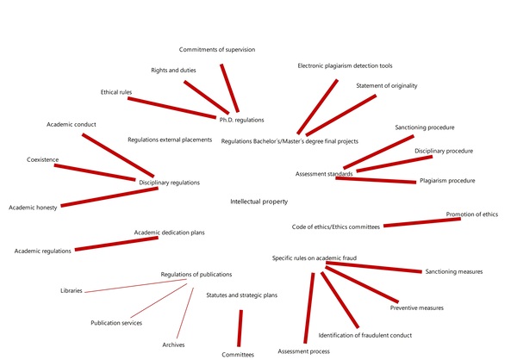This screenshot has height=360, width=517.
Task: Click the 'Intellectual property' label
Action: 258,202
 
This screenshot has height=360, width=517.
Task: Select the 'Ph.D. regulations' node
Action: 240,120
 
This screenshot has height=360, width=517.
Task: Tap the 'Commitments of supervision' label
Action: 217,49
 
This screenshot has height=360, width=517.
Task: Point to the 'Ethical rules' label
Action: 109,91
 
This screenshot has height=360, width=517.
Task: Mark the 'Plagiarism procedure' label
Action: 447,182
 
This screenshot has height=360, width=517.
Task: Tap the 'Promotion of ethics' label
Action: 472,214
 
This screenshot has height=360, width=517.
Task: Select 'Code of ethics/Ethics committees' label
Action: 336,227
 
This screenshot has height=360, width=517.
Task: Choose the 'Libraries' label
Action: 72,291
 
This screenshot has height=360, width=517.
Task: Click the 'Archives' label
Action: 173,344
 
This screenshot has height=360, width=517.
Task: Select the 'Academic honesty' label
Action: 34,208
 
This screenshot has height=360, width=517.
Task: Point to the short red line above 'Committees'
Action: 240,327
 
